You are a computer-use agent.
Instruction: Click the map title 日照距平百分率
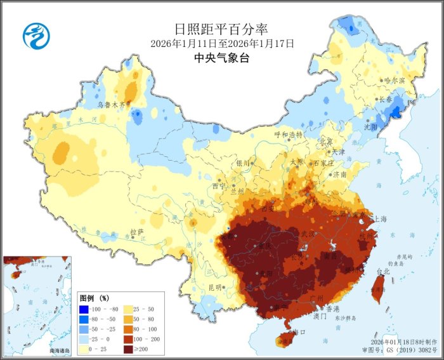(221, 29)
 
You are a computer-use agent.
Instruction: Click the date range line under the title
(222, 44)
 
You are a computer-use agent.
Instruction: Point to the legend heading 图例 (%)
(94, 298)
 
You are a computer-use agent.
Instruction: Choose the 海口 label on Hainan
(298, 332)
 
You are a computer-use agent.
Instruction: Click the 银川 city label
(244, 163)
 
